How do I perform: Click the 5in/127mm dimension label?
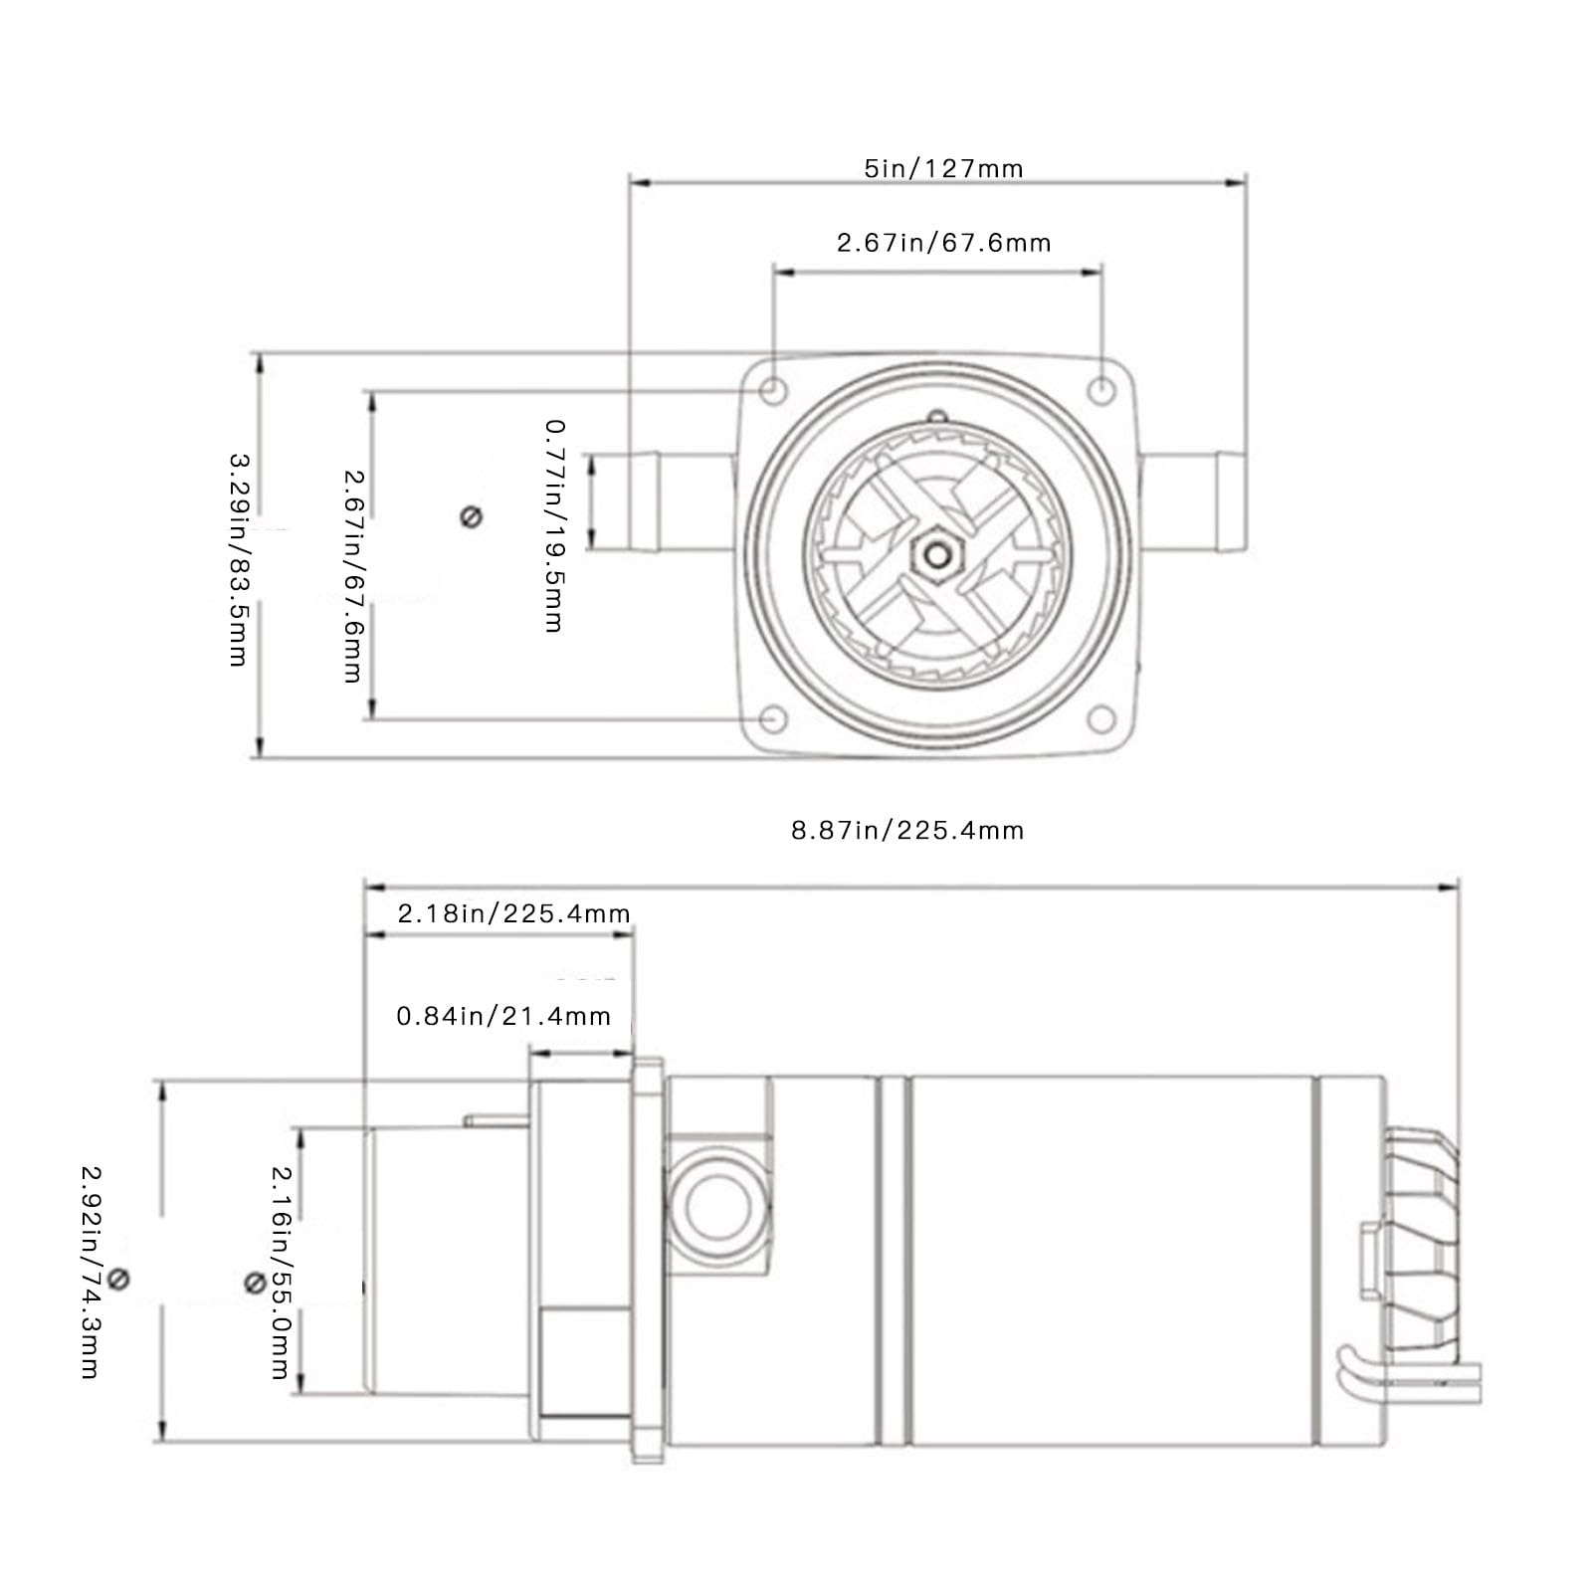click(943, 168)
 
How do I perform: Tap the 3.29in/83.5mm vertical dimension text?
click(239, 560)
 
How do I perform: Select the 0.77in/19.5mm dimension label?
click(554, 525)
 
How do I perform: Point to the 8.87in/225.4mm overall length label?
click(907, 830)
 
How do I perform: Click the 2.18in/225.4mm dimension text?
click(513, 913)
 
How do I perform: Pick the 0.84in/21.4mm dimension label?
click(503, 1016)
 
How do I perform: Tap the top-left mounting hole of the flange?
click(773, 390)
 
